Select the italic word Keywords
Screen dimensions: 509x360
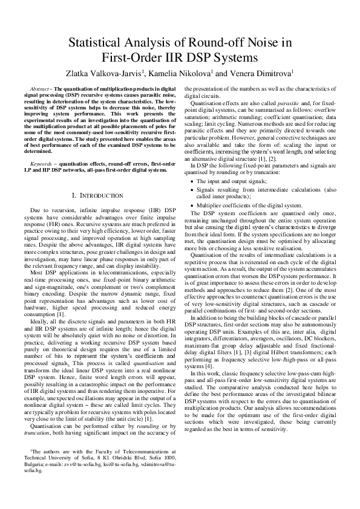click(43, 163)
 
